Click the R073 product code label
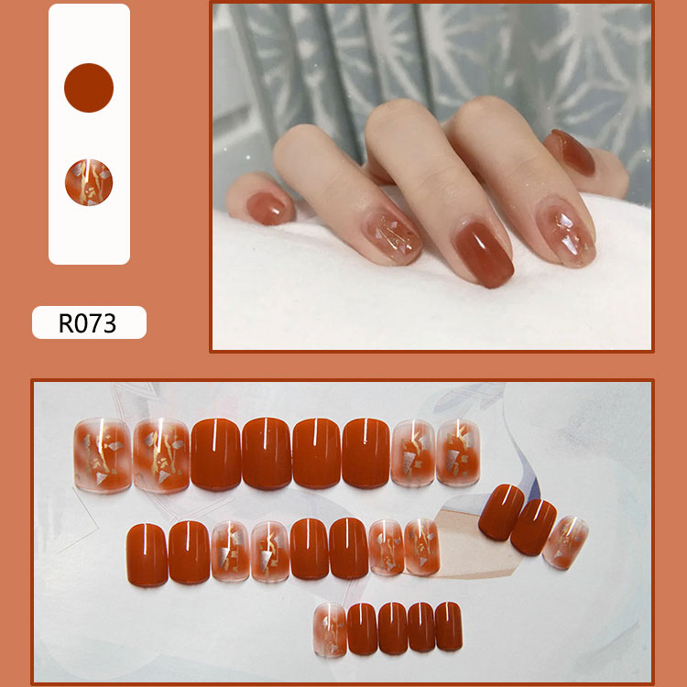point(89,322)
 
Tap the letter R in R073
point(66,323)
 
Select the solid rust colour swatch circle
point(89,88)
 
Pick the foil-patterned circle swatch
point(89,182)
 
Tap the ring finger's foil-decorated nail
point(393,235)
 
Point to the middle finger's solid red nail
point(483,253)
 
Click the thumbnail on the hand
point(573,151)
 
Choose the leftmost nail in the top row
point(103,454)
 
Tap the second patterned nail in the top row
point(161,454)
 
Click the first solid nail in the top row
point(216,454)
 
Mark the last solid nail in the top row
point(365,453)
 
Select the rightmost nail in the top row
point(458,453)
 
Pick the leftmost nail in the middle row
point(147,555)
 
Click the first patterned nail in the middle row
point(231,551)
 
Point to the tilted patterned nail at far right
point(566,542)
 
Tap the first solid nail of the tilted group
point(501,512)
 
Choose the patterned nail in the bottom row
point(330,630)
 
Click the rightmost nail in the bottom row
point(449,627)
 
